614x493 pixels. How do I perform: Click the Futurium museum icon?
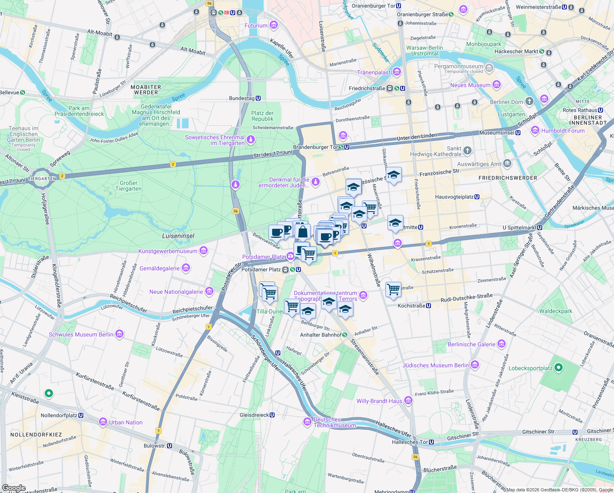274,25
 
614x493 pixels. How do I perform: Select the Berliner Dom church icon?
529,101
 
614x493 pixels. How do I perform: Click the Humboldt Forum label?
563,131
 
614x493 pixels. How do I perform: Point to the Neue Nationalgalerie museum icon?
209,292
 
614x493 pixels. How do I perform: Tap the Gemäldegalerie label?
160,268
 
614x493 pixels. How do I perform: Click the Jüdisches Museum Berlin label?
435,365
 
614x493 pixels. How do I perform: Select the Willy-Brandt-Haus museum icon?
408,401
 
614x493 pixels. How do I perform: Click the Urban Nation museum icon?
103,422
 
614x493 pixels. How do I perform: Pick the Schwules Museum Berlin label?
81,334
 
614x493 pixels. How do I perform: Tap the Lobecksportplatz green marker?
558,368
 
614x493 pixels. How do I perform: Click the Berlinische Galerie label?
472,344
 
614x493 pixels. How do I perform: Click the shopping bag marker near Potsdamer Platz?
302,232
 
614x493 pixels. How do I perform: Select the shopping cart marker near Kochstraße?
393,289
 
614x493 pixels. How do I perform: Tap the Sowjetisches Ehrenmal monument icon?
250,140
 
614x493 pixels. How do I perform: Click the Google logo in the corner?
14,488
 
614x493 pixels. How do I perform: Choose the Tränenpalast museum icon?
396,72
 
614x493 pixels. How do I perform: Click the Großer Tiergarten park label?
128,186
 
